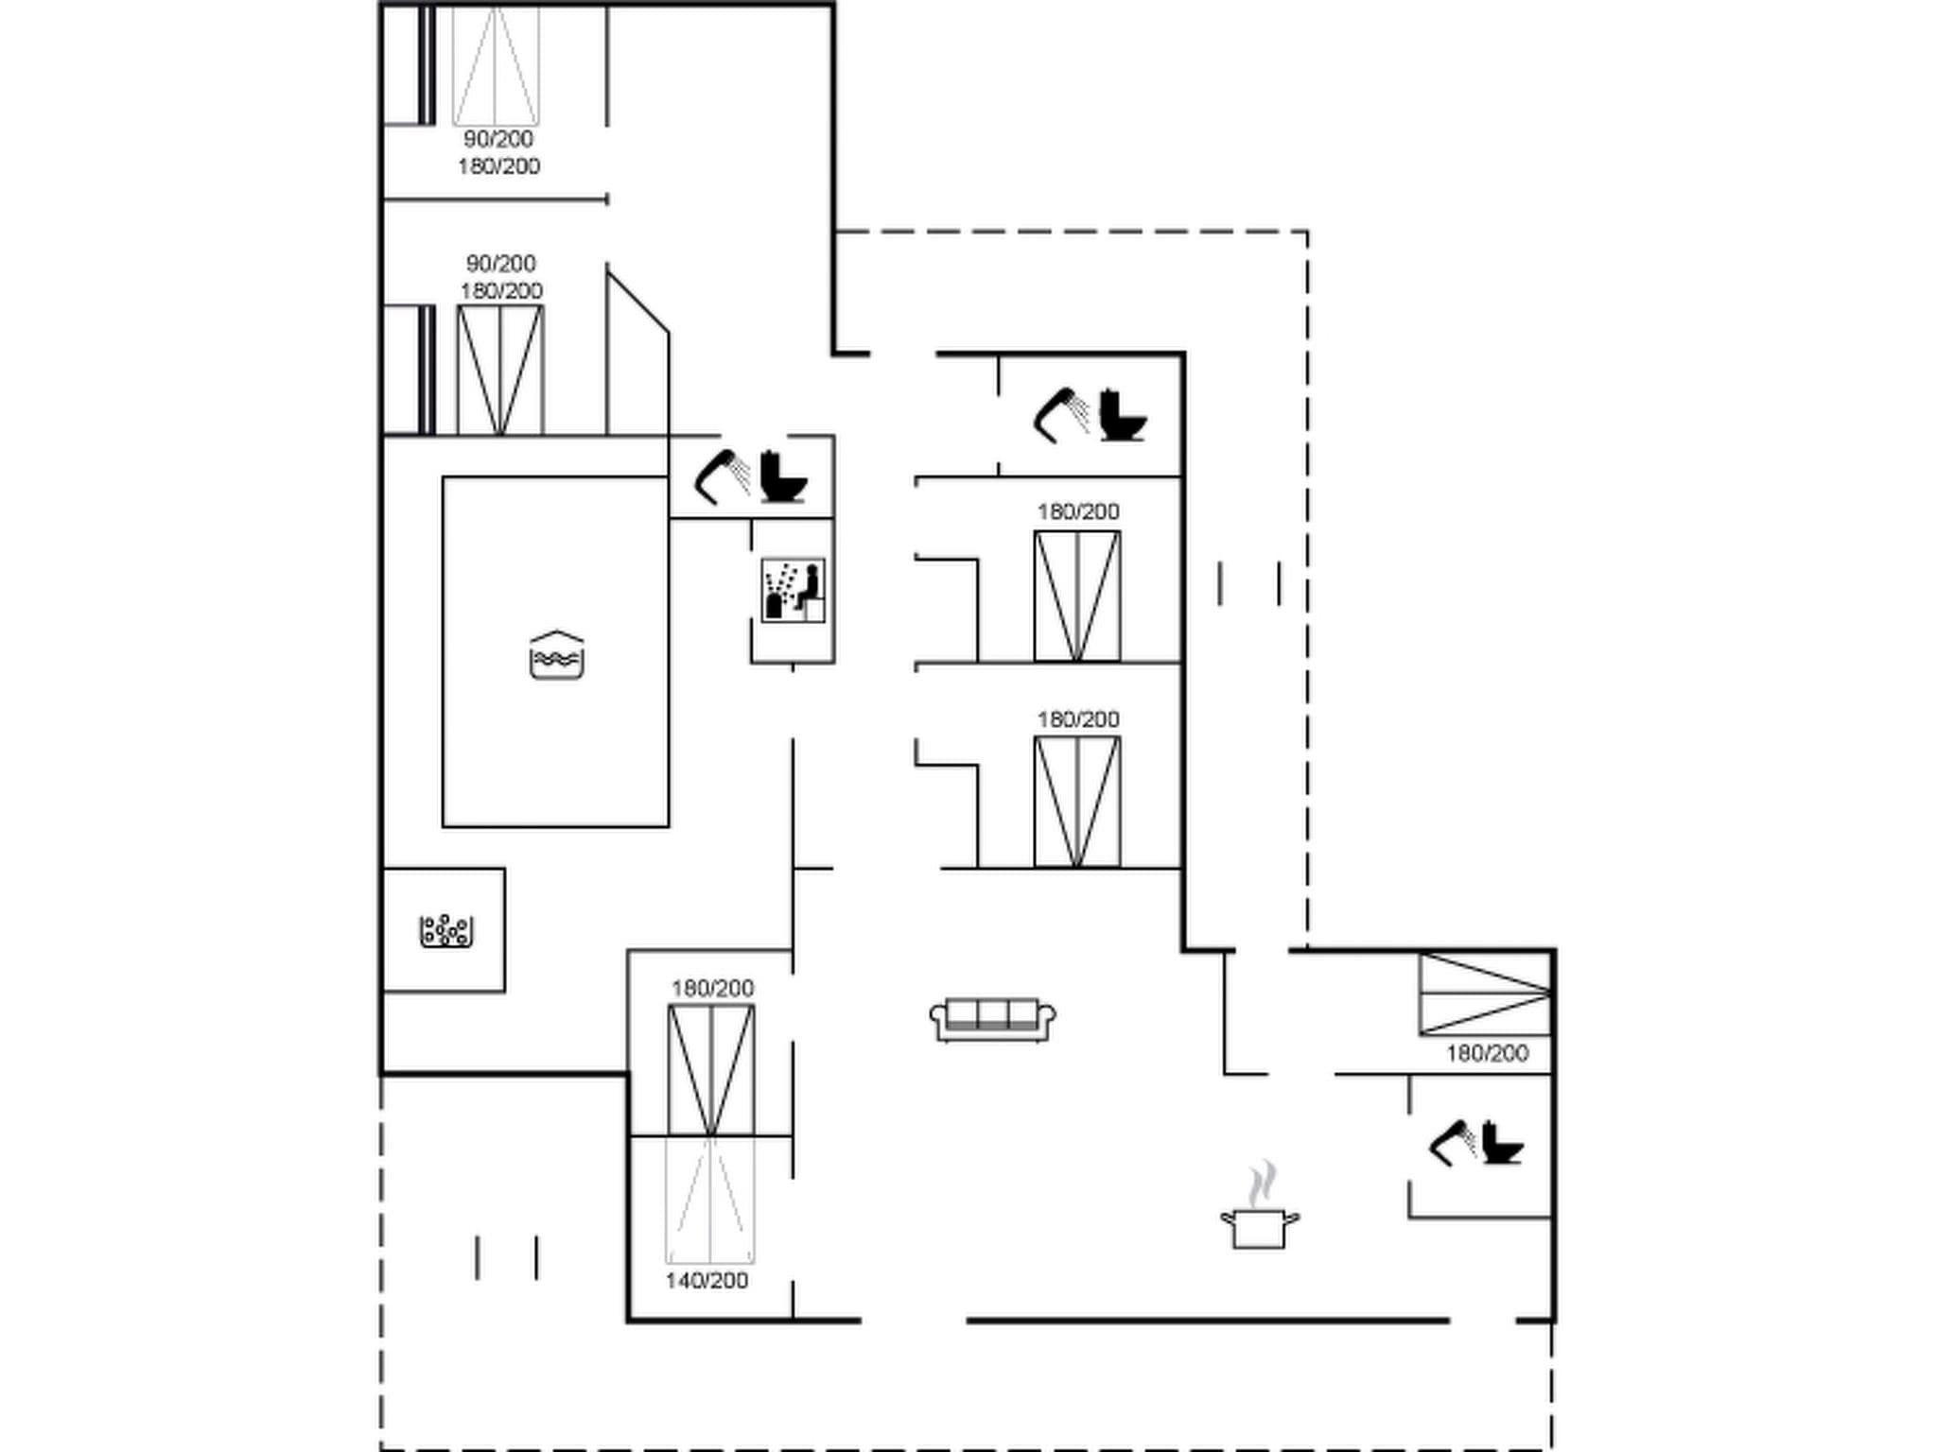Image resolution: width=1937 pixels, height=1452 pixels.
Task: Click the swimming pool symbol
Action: (556, 655)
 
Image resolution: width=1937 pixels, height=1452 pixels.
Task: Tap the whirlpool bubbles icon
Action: (445, 930)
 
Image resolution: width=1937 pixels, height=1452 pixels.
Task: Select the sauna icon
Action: (793, 590)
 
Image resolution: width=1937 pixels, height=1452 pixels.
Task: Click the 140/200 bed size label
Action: (707, 1281)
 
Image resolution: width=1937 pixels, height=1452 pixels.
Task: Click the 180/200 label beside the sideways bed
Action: (1487, 1053)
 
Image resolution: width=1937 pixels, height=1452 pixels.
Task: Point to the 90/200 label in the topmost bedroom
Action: (498, 139)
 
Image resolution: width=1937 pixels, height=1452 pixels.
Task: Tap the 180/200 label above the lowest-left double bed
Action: (712, 989)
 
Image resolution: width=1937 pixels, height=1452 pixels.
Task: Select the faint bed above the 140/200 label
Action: (709, 1199)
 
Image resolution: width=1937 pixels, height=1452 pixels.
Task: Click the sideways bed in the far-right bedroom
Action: (1485, 994)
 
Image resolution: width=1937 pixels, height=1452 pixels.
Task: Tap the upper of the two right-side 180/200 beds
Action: (1077, 596)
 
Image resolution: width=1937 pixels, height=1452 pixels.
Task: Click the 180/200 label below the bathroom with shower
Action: (1078, 511)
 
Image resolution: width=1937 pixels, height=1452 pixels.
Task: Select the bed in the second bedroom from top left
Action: (500, 370)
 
